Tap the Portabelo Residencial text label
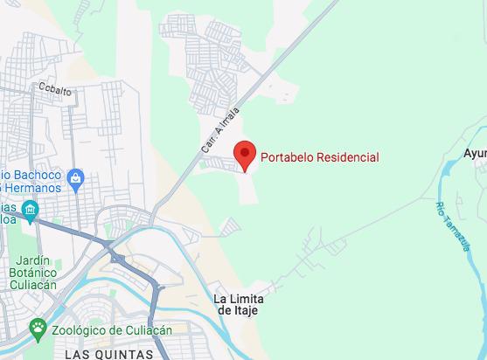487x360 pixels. pos(319,157)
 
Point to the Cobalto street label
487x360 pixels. pos(54,87)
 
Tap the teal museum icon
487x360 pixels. pos(31,210)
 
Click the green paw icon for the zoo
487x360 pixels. pos(38,329)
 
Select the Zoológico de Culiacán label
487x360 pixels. pos(111,330)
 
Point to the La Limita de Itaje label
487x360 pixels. pos(239,304)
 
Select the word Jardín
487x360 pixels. pos(38,260)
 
